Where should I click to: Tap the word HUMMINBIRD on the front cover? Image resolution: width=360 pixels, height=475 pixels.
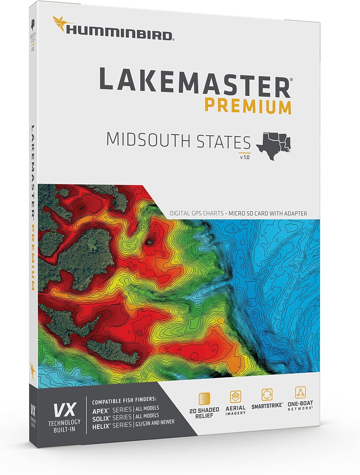tap(120, 35)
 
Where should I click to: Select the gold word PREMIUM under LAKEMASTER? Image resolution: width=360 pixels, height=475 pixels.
tap(248, 107)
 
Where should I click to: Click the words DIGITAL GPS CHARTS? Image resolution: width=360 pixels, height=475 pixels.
tap(196, 213)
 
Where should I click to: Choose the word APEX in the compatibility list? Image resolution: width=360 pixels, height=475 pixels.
tap(101, 411)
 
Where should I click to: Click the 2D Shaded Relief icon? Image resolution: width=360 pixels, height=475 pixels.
tap(204, 399)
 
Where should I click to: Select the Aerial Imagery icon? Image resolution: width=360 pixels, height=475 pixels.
tap(235, 396)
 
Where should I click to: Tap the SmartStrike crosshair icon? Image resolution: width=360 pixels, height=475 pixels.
tap(267, 395)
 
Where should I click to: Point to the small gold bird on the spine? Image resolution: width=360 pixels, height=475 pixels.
tap(32, 368)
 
